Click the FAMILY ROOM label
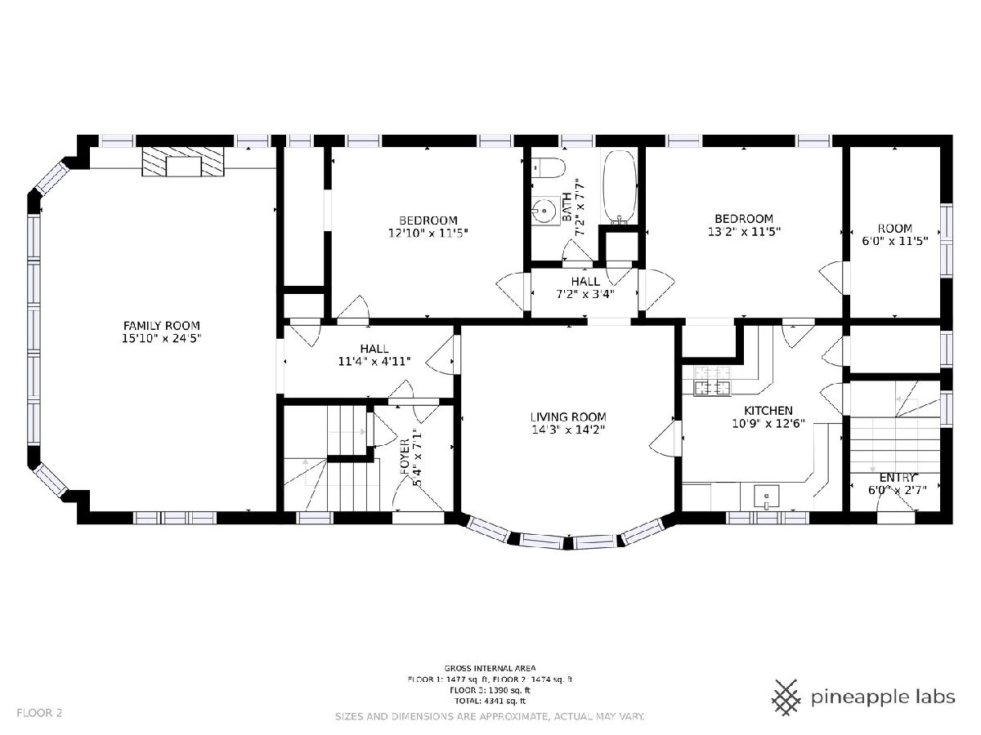(161, 325)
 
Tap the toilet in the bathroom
(549, 167)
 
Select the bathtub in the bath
(620, 187)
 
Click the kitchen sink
(767, 497)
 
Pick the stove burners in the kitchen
(712, 381)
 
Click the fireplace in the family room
(183, 161)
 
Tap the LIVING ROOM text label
(568, 417)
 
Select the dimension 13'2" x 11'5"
(744, 232)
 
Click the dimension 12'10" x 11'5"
(428, 233)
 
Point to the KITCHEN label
(768, 411)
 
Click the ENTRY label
(897, 478)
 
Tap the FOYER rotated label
(405, 456)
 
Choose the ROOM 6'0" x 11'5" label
(894, 234)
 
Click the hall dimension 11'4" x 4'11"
(374, 362)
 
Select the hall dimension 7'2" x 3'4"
(585, 294)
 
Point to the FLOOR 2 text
(39, 713)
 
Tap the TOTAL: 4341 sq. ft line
(490, 701)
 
